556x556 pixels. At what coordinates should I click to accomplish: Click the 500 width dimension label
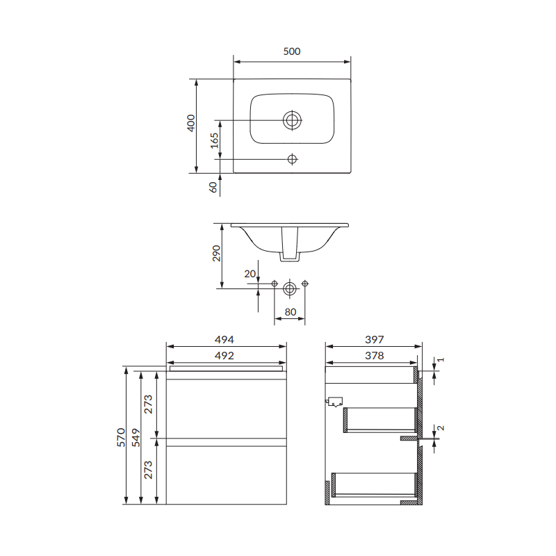(x=292, y=51)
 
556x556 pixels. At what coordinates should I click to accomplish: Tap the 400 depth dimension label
(x=190, y=123)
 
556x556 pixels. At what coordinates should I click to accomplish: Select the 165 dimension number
(x=214, y=140)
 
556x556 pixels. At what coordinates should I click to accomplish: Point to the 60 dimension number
(x=213, y=187)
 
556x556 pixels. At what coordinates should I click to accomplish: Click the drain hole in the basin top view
(x=292, y=120)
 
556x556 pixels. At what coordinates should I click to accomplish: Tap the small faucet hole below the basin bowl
(x=292, y=159)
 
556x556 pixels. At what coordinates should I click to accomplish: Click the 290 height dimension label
(x=216, y=253)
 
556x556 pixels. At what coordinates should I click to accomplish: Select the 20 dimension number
(x=250, y=274)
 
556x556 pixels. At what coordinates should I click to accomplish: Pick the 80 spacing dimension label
(x=291, y=312)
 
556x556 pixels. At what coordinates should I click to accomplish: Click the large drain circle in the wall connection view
(x=290, y=288)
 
